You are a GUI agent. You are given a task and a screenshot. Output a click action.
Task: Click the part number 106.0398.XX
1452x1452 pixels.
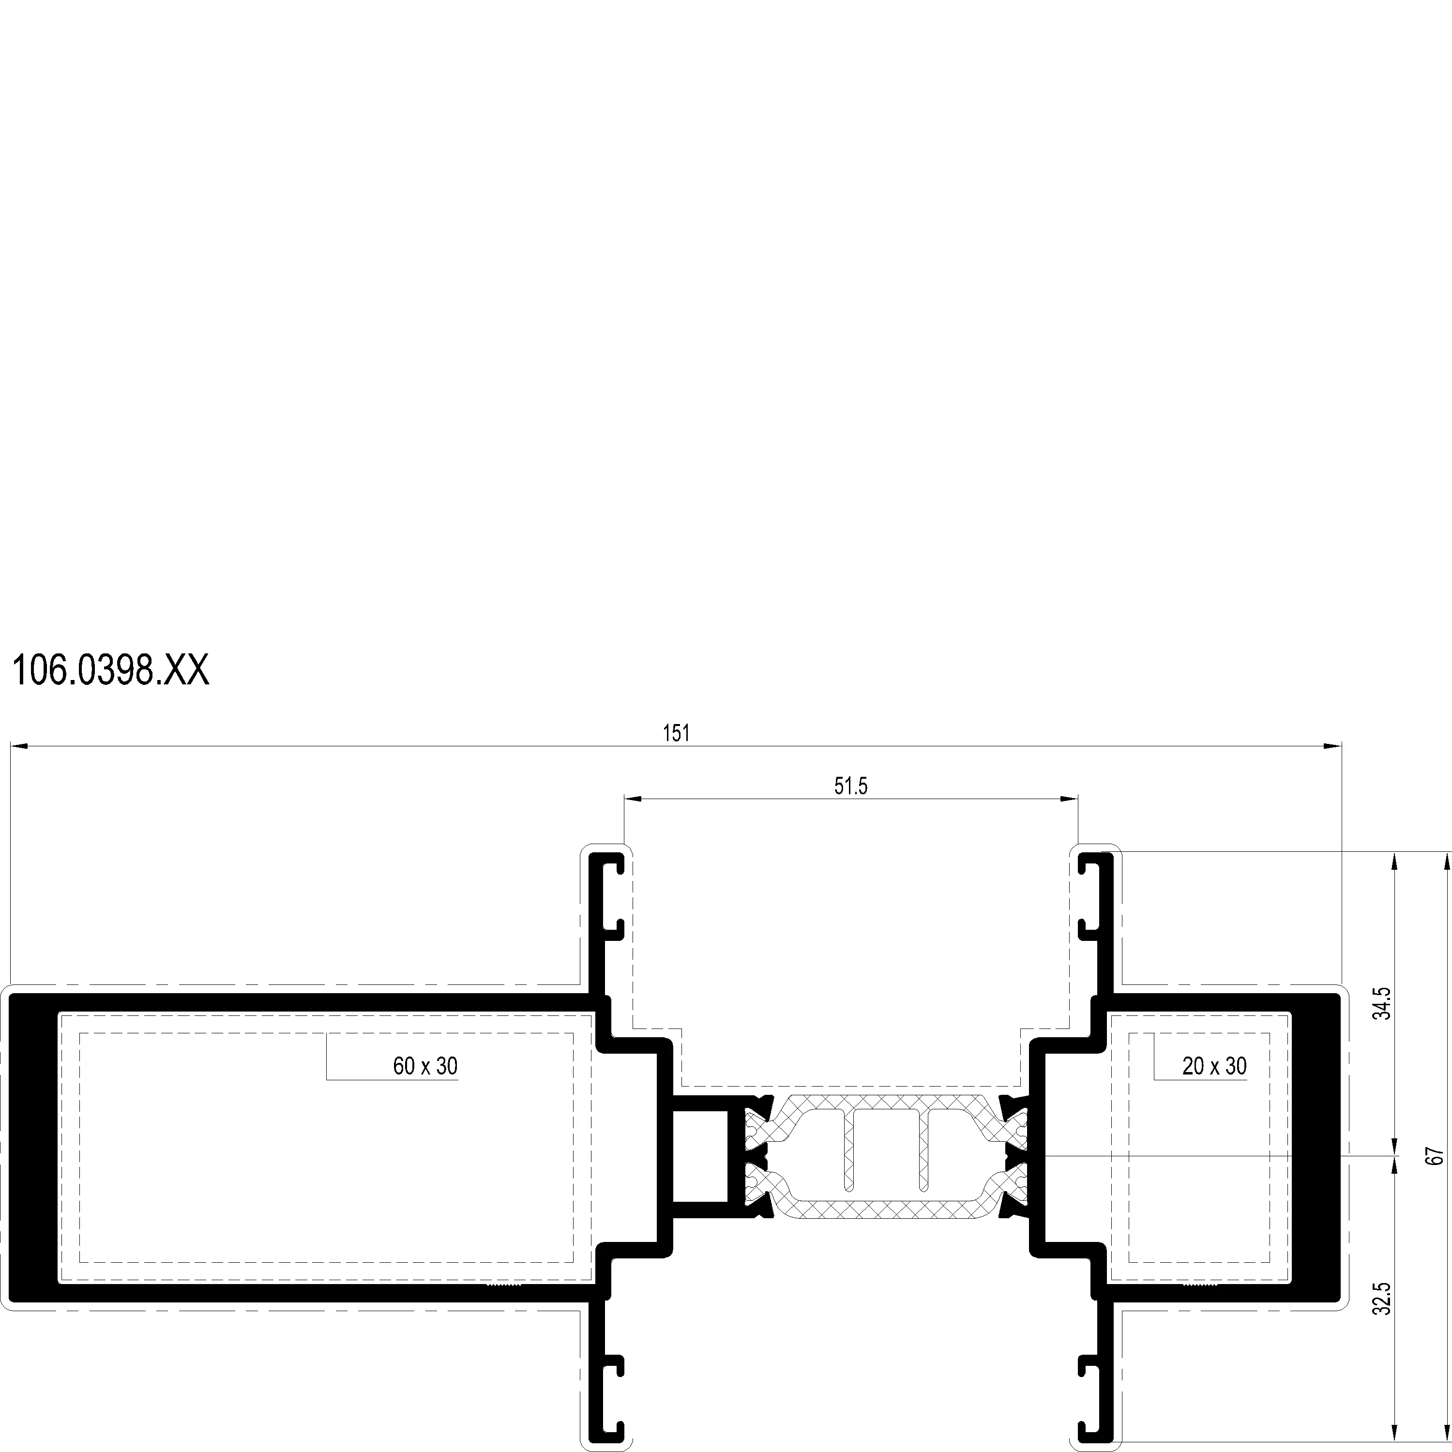click(110, 670)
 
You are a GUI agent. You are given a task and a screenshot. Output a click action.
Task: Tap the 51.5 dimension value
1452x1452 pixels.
click(851, 786)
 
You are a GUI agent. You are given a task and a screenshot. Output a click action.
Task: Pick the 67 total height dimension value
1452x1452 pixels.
click(1436, 1156)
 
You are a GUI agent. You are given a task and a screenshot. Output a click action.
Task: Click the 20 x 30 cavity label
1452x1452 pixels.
click(1214, 1066)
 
